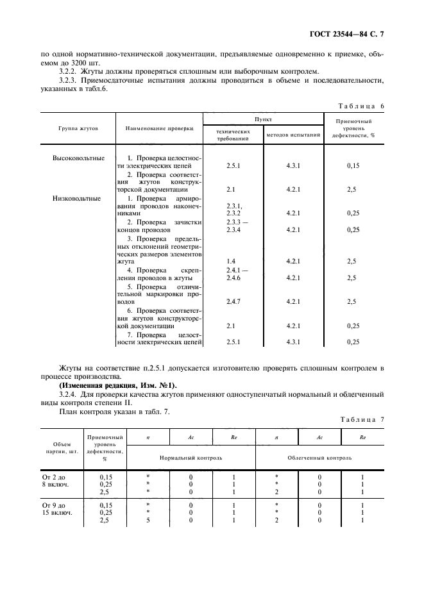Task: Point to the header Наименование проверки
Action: pyautogui.click(x=160, y=128)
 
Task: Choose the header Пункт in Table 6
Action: pyautogui.click(x=263, y=119)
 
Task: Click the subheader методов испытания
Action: pyautogui.click(x=293, y=135)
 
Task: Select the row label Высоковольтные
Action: pyautogui.click(x=78, y=158)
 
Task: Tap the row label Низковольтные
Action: pyautogui.click(x=77, y=198)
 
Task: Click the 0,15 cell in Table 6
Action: pyautogui.click(x=352, y=165)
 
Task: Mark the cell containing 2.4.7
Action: pyautogui.click(x=232, y=301)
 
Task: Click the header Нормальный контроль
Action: pyautogui.click(x=191, y=458)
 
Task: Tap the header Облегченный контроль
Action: pyautogui.click(x=319, y=458)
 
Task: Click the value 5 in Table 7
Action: pyautogui.click(x=148, y=521)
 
